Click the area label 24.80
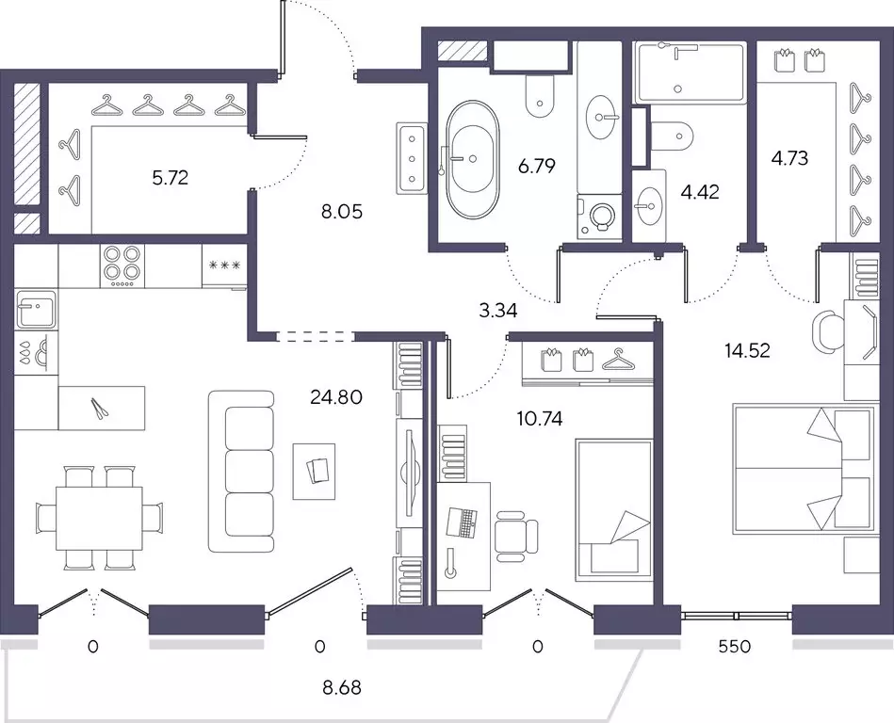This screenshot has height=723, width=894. pos(336,396)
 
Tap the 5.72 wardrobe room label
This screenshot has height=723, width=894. pos(170,178)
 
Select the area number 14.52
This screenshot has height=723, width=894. pos(747,350)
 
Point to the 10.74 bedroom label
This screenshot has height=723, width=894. pos(540,419)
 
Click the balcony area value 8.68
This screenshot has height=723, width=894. pos(342,687)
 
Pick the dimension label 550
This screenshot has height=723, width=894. pos(735,646)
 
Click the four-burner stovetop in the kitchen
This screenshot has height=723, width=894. pos(122,265)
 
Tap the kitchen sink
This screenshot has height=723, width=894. pos(36,310)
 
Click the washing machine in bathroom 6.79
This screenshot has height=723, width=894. pos(599,217)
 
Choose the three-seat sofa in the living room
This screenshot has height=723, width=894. pos(242,472)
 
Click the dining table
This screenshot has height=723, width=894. pos(99,518)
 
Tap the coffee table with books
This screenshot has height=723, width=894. pos(314,472)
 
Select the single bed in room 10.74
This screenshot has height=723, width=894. pos(614,510)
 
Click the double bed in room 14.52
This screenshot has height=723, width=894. pos(804,470)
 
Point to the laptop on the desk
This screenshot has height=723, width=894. pos(463,522)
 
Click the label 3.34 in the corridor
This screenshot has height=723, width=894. pos(497,311)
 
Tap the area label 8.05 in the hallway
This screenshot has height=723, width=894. pos(342,212)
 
